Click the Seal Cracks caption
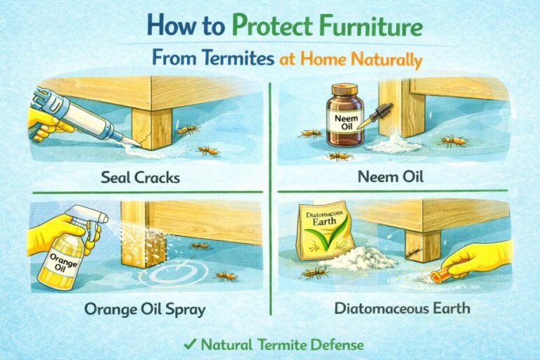140,176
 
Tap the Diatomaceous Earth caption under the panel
402,309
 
